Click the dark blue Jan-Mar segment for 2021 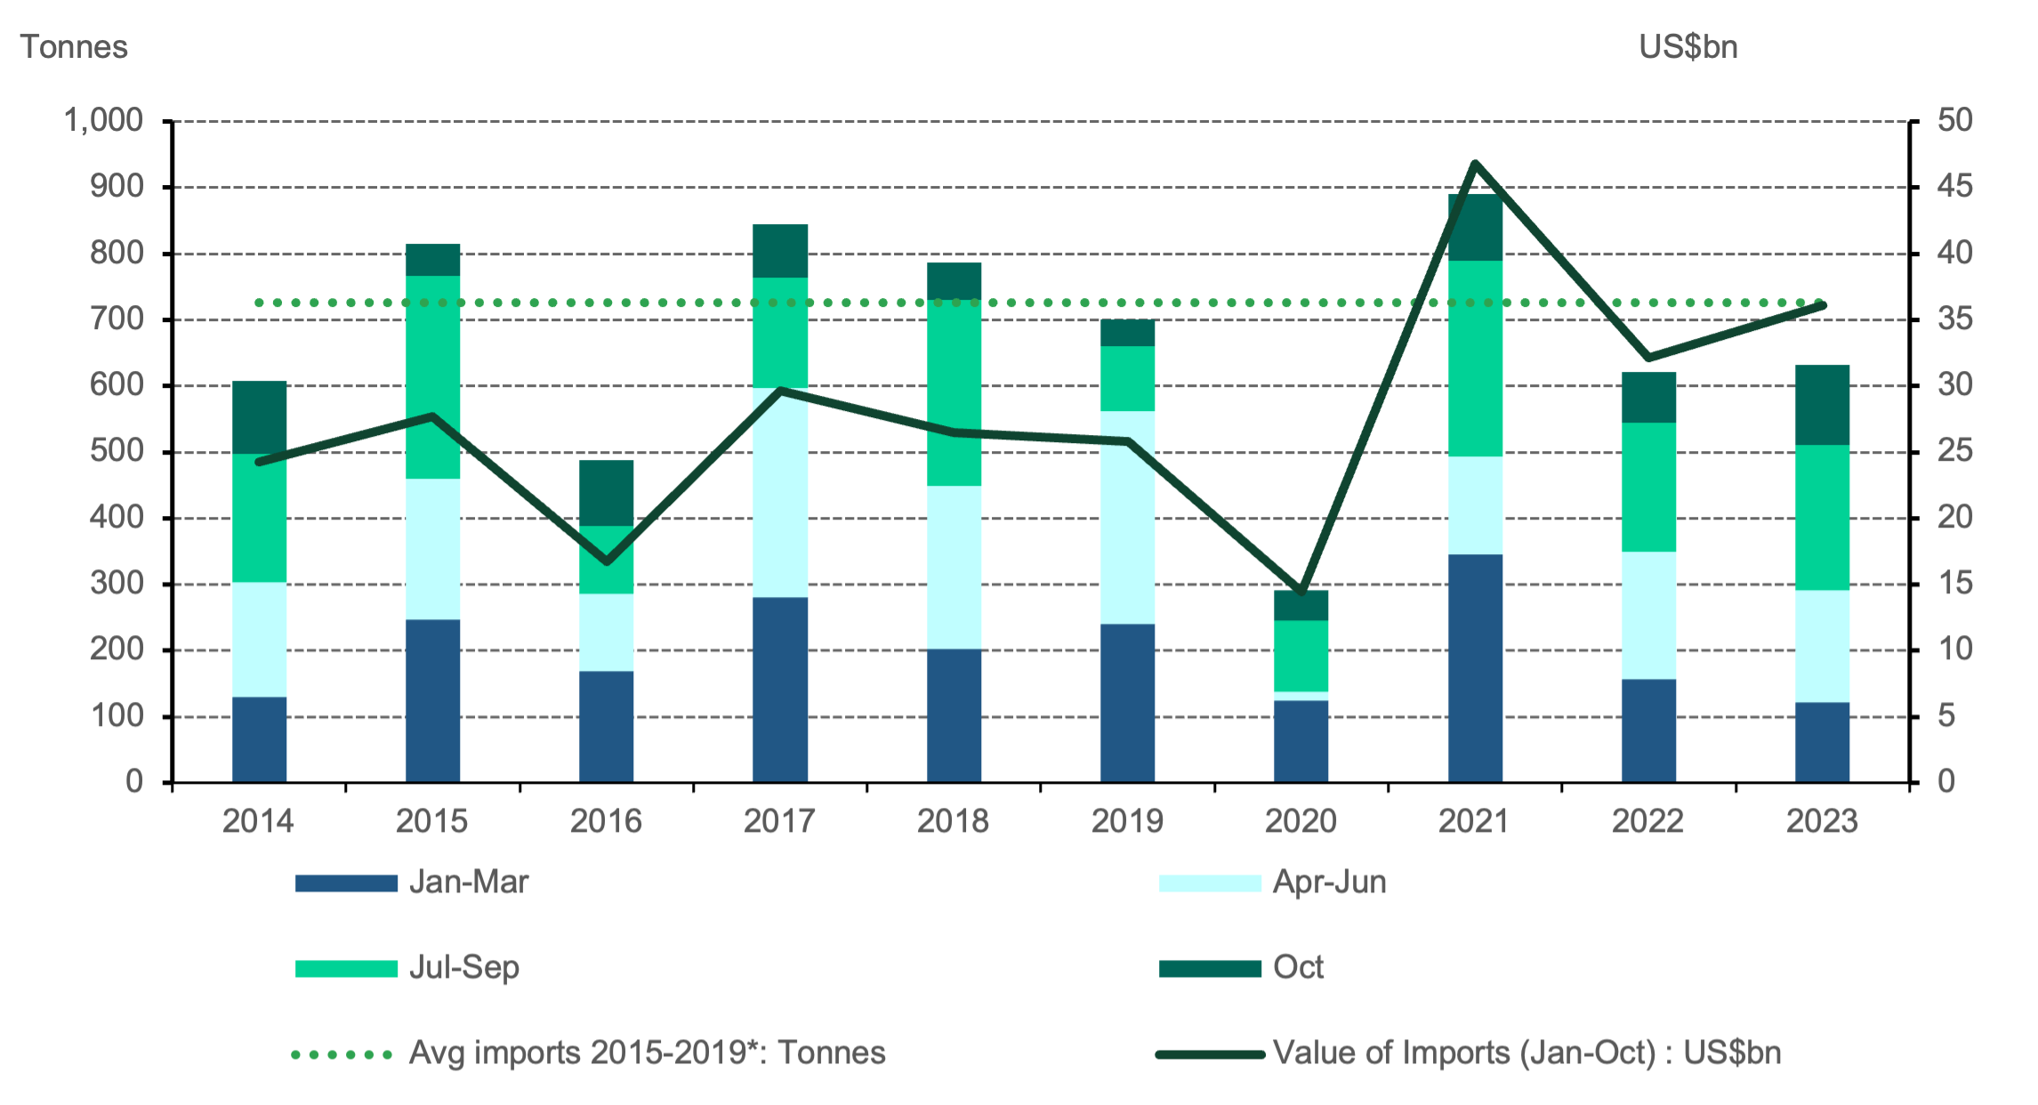point(1475,667)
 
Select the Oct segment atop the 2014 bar point(259,416)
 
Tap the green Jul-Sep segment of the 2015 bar point(432,376)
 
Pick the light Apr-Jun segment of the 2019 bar point(1127,516)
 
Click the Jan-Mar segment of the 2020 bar point(1301,740)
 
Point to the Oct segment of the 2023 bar point(1822,404)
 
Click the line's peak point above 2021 point(1475,163)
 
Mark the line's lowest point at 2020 point(1301,591)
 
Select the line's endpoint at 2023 point(1823,305)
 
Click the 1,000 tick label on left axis point(103,120)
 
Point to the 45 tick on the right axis point(1954,187)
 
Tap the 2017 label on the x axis point(779,820)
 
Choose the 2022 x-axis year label point(1647,820)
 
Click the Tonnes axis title point(74,46)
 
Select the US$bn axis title point(1688,46)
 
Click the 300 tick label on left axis point(116,584)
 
